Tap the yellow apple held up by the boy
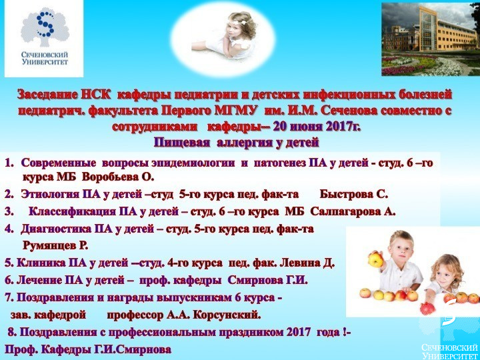point(375,259)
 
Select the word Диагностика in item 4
point(56,229)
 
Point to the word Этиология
point(51,195)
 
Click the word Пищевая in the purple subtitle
point(181,143)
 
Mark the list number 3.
point(9,212)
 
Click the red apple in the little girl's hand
point(427,308)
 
